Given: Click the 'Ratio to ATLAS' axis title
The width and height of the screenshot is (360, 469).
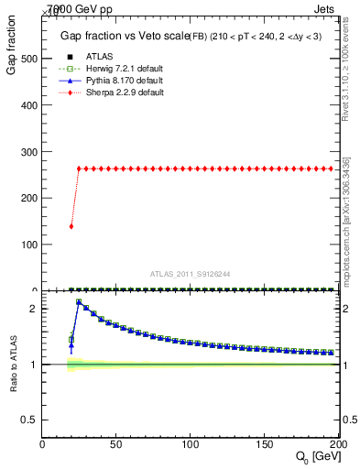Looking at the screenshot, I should [x=14, y=365].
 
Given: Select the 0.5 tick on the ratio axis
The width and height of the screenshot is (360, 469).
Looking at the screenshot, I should [x=27, y=420].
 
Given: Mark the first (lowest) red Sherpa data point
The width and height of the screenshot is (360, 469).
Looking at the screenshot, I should [x=71, y=226].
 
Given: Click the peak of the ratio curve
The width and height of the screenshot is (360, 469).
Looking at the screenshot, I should [x=79, y=301].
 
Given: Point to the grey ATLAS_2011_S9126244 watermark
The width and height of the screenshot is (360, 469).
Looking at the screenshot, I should [x=190, y=274].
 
